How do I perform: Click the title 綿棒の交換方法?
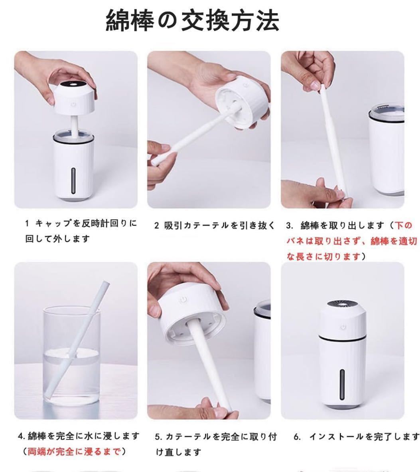[192, 21]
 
